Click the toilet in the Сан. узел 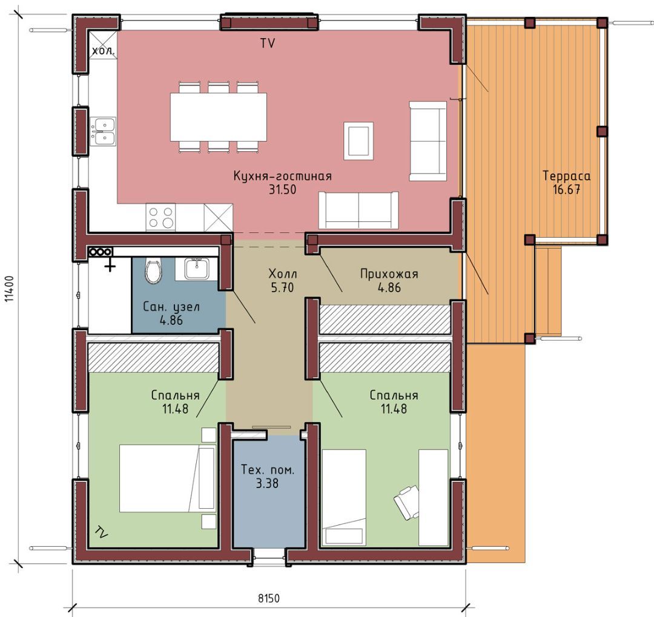[153, 271]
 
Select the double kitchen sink [102, 131]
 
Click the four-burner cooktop [160, 217]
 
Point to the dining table [219, 117]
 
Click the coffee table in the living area [358, 141]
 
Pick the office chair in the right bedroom [406, 502]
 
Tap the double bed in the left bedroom [167, 478]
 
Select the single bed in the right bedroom [344, 497]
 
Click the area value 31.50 [282, 189]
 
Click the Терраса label [566, 176]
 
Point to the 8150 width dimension [269, 599]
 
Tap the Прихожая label [389, 273]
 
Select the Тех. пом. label [268, 470]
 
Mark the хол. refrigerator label [103, 51]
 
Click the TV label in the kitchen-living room [268, 43]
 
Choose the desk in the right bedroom [434, 497]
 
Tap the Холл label [282, 273]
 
